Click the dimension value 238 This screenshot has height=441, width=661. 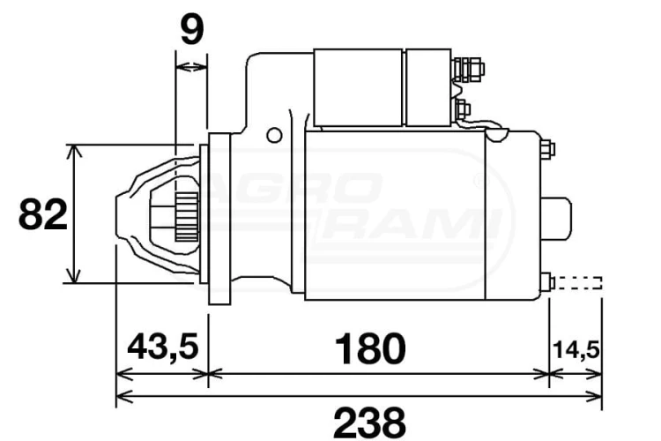[369, 422]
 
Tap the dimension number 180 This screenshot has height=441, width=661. [370, 348]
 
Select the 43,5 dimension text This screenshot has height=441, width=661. [163, 347]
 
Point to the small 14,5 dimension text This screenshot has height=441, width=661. [576, 350]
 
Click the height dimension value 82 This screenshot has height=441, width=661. [42, 214]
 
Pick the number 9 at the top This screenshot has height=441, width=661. [192, 29]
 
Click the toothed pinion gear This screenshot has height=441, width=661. [187, 217]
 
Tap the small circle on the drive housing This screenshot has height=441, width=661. [274, 136]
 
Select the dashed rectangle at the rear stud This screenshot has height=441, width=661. [578, 283]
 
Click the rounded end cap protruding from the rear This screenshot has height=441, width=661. [556, 219]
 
